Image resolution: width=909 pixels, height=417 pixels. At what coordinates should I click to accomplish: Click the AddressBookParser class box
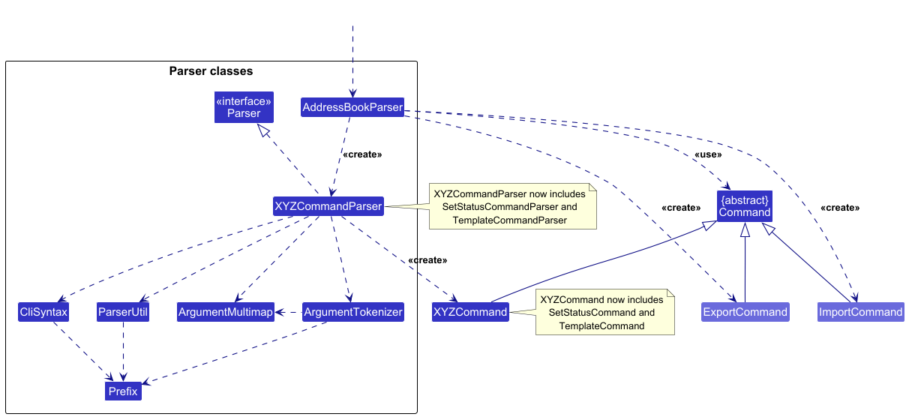coord(352,107)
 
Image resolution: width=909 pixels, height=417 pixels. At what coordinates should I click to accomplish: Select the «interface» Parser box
coord(244,107)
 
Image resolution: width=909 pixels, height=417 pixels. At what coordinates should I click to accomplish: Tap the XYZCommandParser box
coord(328,206)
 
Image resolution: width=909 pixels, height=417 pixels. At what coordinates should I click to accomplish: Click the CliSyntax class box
coord(43,312)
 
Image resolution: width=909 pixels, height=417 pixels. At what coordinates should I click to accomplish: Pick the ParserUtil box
coord(123,312)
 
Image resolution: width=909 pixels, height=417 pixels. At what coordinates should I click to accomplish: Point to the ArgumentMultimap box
coord(226,312)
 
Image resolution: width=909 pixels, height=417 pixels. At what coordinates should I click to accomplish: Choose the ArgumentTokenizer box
coord(353,312)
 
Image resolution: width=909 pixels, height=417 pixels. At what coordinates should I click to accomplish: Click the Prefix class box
coord(123,391)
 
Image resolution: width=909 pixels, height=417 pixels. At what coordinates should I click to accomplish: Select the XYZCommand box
coord(470,312)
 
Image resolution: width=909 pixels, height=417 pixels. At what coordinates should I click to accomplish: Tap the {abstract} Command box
coord(745,206)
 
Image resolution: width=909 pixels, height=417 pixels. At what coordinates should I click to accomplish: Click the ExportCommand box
coord(745,312)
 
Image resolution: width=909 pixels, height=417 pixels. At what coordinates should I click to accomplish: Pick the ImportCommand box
coord(861,312)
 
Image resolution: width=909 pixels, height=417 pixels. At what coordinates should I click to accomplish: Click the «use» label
coord(708,154)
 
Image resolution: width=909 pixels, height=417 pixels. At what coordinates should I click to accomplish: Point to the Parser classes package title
coord(211,71)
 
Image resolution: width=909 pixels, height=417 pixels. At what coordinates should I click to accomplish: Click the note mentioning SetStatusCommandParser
coord(513,206)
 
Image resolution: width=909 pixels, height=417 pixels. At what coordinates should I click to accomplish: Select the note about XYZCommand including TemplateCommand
coord(605,312)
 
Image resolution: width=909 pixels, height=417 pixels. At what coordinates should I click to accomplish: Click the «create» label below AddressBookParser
coord(362,154)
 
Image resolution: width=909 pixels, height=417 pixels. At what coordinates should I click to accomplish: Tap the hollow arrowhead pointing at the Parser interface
coord(263,130)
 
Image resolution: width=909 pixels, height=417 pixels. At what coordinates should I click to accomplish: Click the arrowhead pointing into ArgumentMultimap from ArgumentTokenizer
coord(280,312)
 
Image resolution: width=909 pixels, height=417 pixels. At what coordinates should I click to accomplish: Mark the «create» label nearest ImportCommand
coord(840,208)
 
